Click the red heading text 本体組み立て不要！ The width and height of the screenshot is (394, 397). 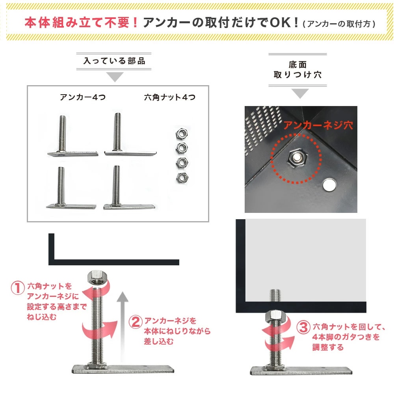point(82,22)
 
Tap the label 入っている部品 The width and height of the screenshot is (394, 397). point(114,61)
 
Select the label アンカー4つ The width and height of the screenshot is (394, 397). point(83,97)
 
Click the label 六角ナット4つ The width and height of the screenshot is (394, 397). point(170,97)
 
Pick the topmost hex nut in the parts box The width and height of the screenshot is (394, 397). point(182,133)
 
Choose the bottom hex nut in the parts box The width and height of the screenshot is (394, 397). point(182,177)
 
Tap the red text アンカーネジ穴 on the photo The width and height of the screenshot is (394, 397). point(318,125)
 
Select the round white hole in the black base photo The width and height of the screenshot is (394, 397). point(329,185)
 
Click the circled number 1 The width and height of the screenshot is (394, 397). point(17,288)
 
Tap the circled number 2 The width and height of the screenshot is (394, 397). point(136,322)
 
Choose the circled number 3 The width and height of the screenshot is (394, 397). point(303,327)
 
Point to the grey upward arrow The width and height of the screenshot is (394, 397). point(123,326)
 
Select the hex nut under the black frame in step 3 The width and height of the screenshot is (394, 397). point(275,316)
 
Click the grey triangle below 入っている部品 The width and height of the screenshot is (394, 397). point(115,76)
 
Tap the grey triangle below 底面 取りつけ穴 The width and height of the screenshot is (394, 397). point(300,93)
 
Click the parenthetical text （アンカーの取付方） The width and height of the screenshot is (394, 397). point(339,24)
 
